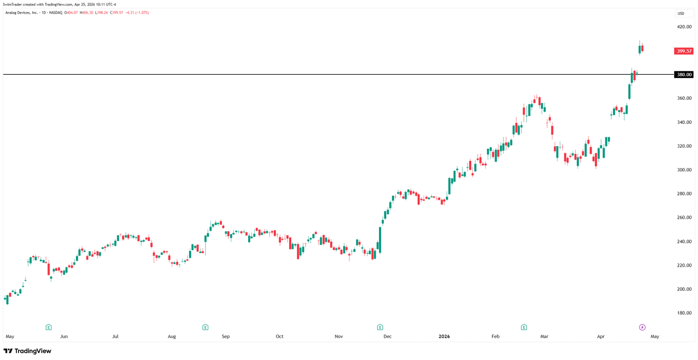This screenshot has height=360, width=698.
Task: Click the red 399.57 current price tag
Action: [683, 51]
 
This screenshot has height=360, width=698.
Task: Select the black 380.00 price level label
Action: [683, 75]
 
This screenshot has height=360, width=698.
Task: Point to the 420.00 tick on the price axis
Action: [684, 27]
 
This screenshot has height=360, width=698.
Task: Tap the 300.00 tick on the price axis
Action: [684, 170]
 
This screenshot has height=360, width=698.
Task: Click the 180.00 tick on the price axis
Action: [684, 313]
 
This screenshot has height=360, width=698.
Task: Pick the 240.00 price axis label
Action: [684, 242]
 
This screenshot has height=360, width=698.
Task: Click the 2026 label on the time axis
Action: [444, 337]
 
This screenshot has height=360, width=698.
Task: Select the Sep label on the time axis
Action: [226, 337]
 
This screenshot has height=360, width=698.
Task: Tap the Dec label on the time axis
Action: [387, 337]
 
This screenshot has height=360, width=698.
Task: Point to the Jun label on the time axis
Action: [64, 337]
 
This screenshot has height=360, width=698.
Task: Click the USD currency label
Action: [681, 14]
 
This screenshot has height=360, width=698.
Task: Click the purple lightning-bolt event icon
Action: [642, 327]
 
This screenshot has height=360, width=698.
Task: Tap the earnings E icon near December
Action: [380, 327]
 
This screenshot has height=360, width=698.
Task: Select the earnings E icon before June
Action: [49, 327]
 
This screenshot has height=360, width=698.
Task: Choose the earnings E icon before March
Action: [523, 327]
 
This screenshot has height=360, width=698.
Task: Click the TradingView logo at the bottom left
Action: [27, 351]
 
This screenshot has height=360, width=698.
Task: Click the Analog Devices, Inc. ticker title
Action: [22, 13]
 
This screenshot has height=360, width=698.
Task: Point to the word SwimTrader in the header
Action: [12, 4]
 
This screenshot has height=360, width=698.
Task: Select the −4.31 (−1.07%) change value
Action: [137, 13]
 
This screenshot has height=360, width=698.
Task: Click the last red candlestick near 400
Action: [642, 48]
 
